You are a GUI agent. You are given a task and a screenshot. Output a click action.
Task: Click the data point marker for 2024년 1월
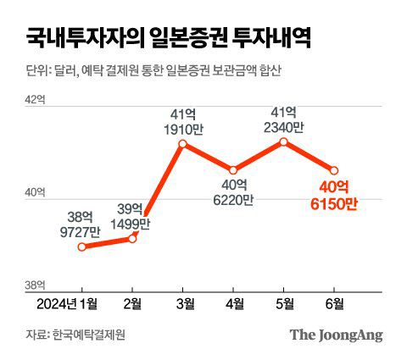click(81, 247)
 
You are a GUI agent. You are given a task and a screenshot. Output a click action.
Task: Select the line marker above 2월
click(133, 239)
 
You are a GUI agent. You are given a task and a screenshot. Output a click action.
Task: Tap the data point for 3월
click(182, 145)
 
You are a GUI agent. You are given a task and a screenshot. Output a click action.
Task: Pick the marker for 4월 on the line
click(234, 170)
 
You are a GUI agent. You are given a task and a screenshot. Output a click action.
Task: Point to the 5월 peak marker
click(285, 142)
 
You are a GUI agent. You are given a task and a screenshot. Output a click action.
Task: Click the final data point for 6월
click(335, 170)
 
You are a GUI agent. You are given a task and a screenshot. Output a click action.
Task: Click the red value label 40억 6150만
click(333, 197)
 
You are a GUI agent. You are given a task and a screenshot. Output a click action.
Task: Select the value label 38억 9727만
click(81, 223)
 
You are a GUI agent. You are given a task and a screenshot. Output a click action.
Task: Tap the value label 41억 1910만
click(182, 121)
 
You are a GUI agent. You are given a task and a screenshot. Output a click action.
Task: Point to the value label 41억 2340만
click(285, 119)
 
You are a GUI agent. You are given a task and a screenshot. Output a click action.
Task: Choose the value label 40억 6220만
click(234, 192)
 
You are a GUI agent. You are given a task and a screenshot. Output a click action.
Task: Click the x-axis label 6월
click(335, 304)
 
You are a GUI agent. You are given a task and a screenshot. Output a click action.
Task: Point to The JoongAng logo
click(336, 334)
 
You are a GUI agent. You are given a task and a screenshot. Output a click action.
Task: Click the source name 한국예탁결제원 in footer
click(88, 335)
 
